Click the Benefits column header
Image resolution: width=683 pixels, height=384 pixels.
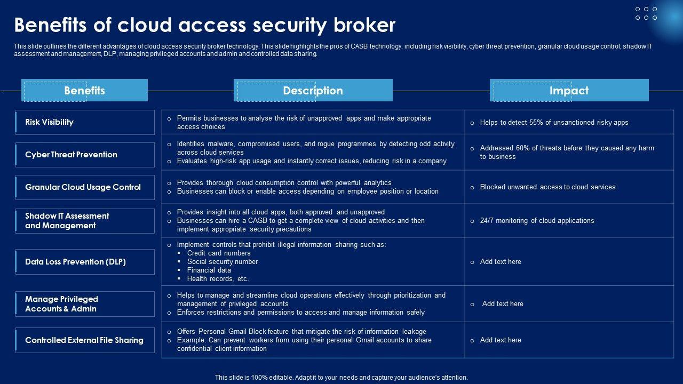(x=84, y=91)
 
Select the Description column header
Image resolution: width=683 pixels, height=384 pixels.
(x=313, y=91)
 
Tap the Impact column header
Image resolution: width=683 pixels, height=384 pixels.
(x=569, y=91)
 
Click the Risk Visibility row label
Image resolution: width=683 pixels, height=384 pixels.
(x=49, y=122)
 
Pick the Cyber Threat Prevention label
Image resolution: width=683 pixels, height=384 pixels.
(x=71, y=155)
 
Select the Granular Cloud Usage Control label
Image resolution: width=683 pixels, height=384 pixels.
(x=83, y=187)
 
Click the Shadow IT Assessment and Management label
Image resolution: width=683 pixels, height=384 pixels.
(x=67, y=221)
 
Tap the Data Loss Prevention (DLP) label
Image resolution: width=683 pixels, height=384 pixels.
(x=75, y=262)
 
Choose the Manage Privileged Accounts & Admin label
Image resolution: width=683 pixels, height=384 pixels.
(x=61, y=304)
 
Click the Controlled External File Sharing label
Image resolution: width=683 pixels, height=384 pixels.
(x=84, y=340)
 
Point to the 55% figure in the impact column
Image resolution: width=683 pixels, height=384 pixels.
(x=536, y=123)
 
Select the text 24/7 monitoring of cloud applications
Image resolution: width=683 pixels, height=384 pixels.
(x=537, y=221)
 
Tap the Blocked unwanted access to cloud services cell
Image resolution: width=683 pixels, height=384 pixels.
(x=547, y=187)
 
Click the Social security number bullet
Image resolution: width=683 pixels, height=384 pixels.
(x=222, y=262)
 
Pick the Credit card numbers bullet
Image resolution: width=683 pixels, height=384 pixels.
(x=219, y=253)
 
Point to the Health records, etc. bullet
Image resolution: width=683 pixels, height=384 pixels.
(x=218, y=279)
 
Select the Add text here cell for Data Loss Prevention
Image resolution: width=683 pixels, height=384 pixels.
(x=501, y=262)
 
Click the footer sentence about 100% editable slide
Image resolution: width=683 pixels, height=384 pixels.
(x=341, y=378)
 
